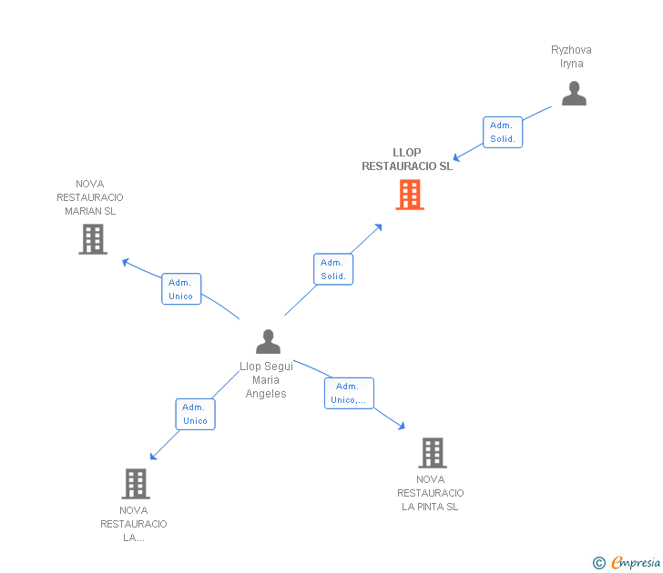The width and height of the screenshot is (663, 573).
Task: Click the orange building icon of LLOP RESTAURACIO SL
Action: coord(410,195)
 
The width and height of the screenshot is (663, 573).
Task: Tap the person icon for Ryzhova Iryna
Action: coord(574,94)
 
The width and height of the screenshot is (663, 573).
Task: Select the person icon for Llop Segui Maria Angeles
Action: coord(268,341)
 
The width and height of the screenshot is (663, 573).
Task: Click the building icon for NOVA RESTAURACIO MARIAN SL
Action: coord(93,239)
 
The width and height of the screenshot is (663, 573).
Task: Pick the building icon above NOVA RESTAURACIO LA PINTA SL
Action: coord(432,452)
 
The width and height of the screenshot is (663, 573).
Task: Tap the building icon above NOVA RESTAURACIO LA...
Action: coord(135,483)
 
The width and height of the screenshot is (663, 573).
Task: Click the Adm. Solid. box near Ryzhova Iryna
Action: coord(503,132)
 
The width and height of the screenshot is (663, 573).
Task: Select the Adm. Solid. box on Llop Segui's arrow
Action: coord(333,269)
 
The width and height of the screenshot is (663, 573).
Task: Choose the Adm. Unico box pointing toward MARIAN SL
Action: coord(181,289)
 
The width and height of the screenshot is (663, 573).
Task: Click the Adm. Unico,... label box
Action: coord(349,393)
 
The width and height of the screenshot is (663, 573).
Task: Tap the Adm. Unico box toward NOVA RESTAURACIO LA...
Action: coord(195,414)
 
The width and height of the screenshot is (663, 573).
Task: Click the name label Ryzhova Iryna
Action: coord(571,56)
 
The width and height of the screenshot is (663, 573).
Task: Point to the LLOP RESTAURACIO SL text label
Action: coord(407,159)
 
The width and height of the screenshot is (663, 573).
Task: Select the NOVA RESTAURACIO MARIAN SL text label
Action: coord(90,197)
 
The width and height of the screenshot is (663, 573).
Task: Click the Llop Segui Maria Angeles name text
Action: coord(266,380)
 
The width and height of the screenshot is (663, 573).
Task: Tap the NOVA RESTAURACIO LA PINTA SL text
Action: coord(431,493)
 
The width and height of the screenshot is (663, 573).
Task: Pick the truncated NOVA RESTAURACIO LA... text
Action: coord(134,524)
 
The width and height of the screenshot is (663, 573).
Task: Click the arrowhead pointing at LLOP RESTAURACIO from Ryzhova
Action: coord(459,155)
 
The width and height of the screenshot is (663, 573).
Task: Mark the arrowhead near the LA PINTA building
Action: coord(402,425)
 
